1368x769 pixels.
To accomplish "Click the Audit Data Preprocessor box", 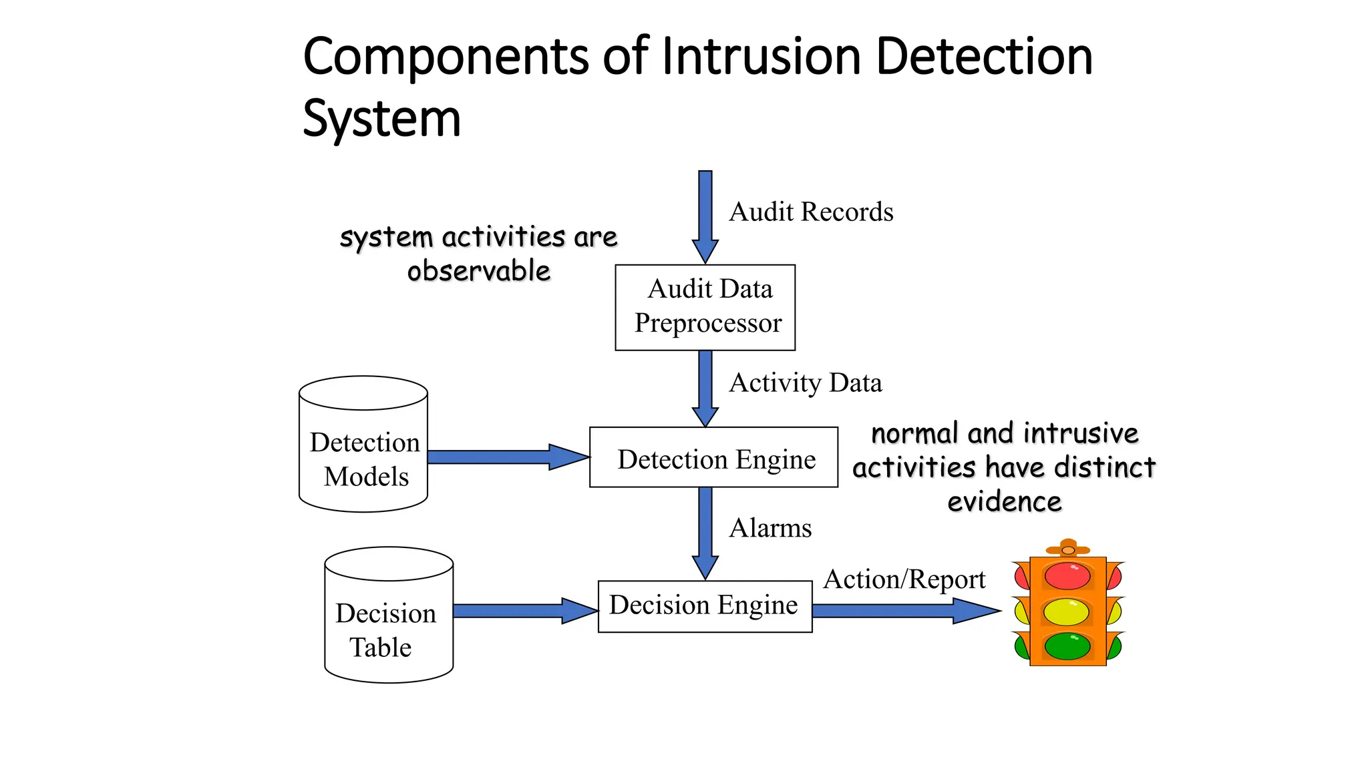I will click(705, 307).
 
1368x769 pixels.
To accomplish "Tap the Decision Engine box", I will click(705, 606).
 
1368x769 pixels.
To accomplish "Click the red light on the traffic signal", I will click(1067, 576).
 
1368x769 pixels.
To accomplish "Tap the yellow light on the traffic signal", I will click(1067, 611).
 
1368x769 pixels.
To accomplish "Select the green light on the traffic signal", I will click(1067, 646).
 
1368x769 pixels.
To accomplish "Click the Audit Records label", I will click(811, 212).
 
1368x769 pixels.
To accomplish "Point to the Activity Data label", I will click(806, 383).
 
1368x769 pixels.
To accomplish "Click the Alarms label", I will click(770, 528).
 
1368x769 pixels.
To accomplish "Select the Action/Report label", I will click(904, 579).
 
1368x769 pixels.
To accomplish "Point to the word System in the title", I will click(381, 119).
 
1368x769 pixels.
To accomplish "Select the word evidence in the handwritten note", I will click(1005, 502).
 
